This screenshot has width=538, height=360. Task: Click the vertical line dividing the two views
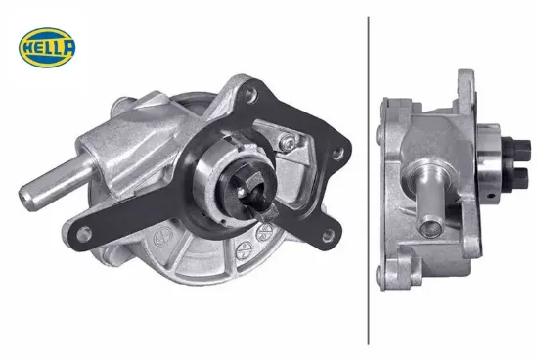[368, 180]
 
